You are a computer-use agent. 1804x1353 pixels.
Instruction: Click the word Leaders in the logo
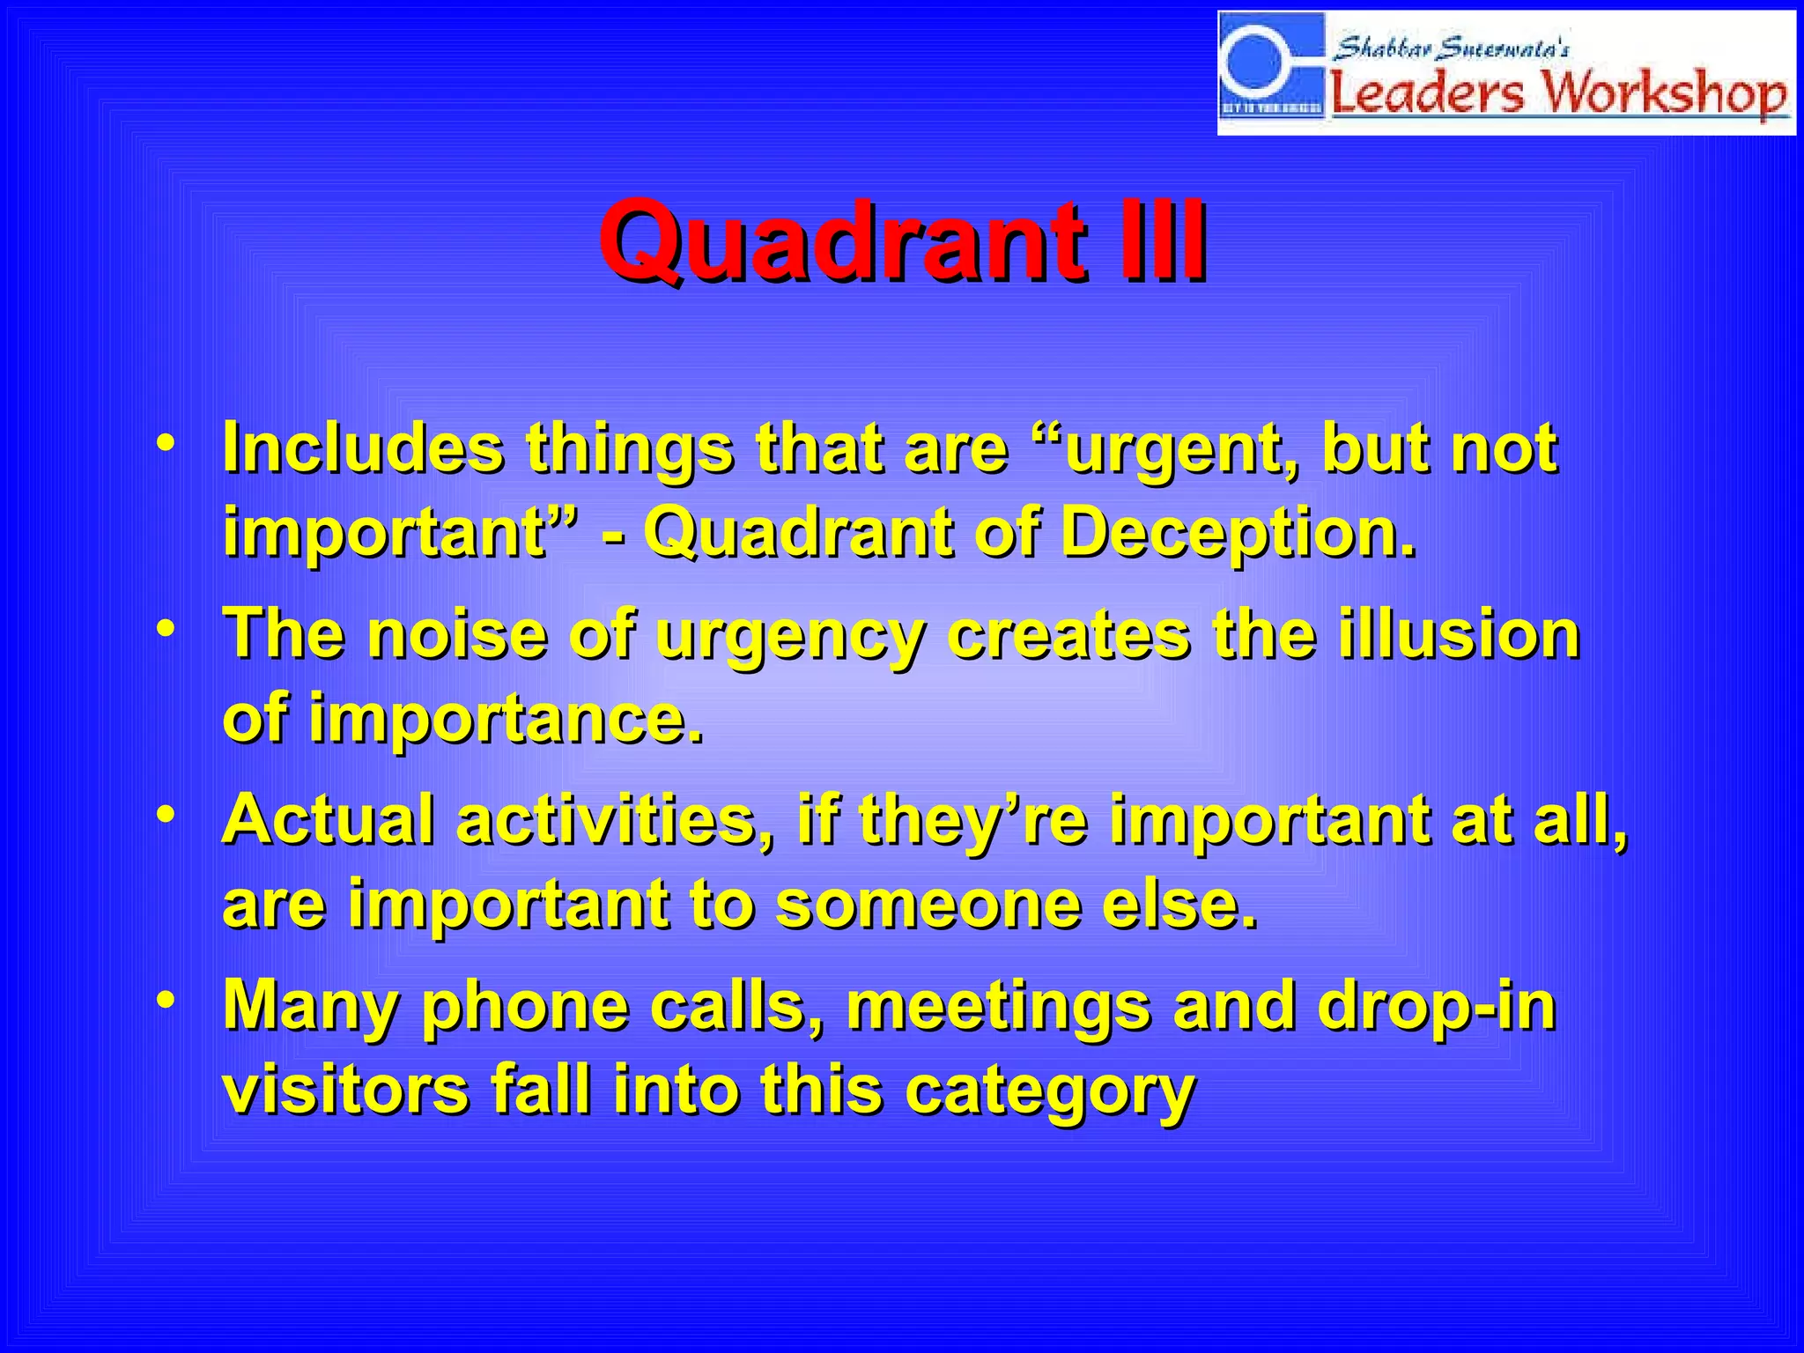1427,93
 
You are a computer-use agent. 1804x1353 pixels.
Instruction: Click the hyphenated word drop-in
1436,1006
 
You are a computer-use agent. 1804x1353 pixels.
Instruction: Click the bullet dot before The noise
165,629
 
